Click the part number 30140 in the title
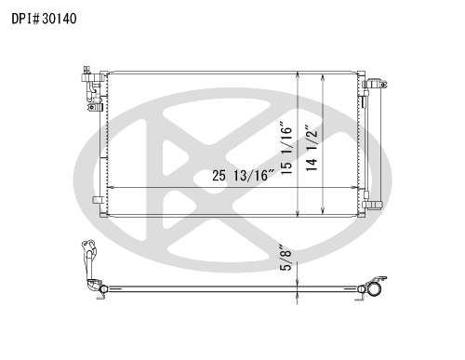(x=60, y=19)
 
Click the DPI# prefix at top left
(x=26, y=19)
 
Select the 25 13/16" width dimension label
(x=244, y=176)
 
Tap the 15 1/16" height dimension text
(x=286, y=148)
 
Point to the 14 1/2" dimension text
(x=312, y=148)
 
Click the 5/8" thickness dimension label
(x=286, y=258)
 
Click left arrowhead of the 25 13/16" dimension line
(x=110, y=188)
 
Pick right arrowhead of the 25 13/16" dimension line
(x=354, y=188)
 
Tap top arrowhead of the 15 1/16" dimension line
(x=298, y=74)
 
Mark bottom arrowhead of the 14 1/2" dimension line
(x=323, y=210)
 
